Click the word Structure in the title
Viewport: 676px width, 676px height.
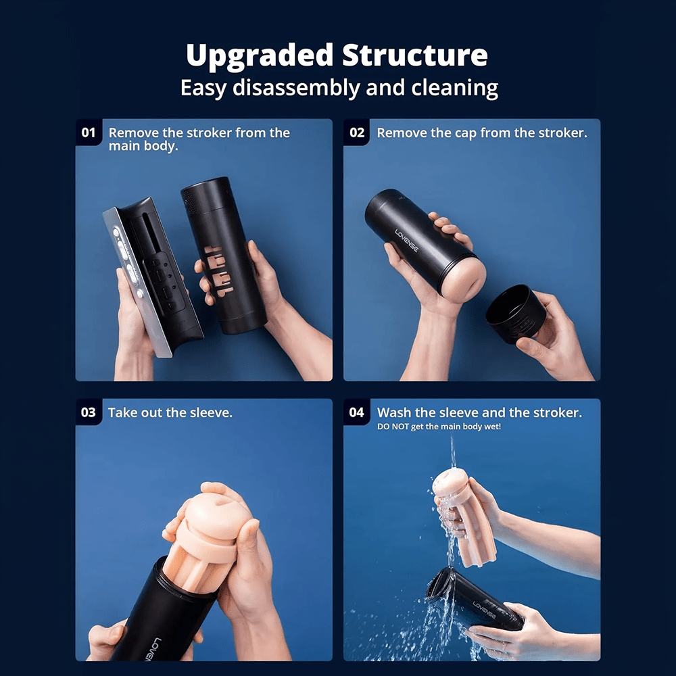[x=415, y=55]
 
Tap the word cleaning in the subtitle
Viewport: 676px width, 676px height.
[x=454, y=89]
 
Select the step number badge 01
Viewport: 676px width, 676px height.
[x=89, y=132]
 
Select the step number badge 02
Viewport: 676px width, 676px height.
[x=356, y=132]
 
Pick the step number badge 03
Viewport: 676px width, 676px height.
[x=89, y=412]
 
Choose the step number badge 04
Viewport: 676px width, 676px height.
[x=356, y=412]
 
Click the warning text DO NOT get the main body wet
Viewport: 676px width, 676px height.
[x=439, y=427]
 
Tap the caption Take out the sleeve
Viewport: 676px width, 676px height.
[x=170, y=413]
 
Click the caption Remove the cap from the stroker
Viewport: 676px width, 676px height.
[x=482, y=132]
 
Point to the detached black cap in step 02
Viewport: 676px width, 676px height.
[x=516, y=313]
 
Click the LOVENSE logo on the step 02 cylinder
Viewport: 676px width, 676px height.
[x=406, y=241]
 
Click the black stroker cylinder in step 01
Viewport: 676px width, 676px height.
[x=223, y=256]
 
